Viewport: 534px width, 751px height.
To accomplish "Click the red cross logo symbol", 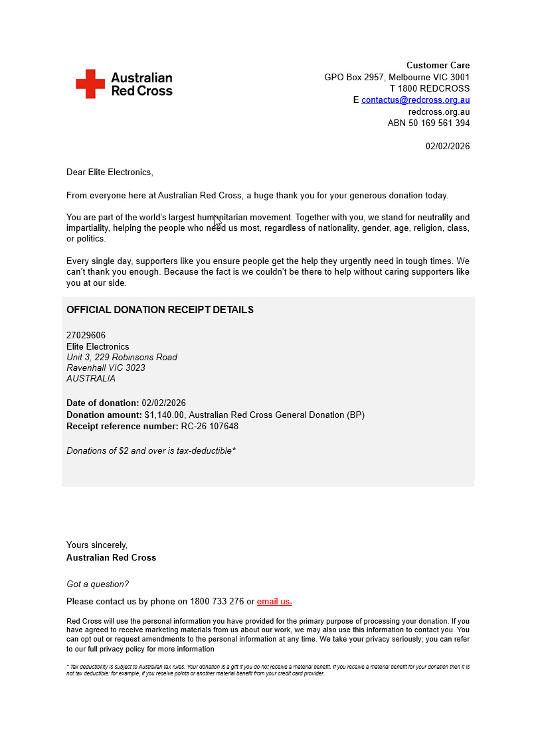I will [90, 84].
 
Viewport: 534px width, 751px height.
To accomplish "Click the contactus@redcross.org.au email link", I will [415, 100].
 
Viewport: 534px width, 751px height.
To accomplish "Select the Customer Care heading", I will [438, 65].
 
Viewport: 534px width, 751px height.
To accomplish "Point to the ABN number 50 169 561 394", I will [428, 123].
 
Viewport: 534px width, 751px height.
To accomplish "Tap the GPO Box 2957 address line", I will [397, 77].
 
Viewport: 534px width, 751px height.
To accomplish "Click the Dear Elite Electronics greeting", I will [110, 172].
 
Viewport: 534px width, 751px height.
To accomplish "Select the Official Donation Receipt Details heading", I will [159, 310].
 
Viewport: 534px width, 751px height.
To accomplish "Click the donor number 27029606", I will [86, 336].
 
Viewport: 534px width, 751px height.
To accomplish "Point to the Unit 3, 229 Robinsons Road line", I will [122, 358].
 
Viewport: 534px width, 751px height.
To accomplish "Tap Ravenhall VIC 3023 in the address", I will [106, 368].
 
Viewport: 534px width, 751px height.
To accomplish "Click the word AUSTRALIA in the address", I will [91, 379].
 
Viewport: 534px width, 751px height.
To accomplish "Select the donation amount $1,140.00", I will [164, 415].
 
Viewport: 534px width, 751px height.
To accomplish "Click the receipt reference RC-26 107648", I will [209, 427].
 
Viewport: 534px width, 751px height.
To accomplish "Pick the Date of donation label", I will [102, 403].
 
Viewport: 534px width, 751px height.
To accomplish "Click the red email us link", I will [274, 602].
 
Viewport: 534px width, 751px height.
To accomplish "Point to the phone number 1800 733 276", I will [217, 602].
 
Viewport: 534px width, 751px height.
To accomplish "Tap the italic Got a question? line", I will [98, 584].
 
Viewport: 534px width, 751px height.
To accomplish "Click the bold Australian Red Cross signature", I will [111, 558].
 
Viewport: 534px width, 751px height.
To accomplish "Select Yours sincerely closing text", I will [97, 545].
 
